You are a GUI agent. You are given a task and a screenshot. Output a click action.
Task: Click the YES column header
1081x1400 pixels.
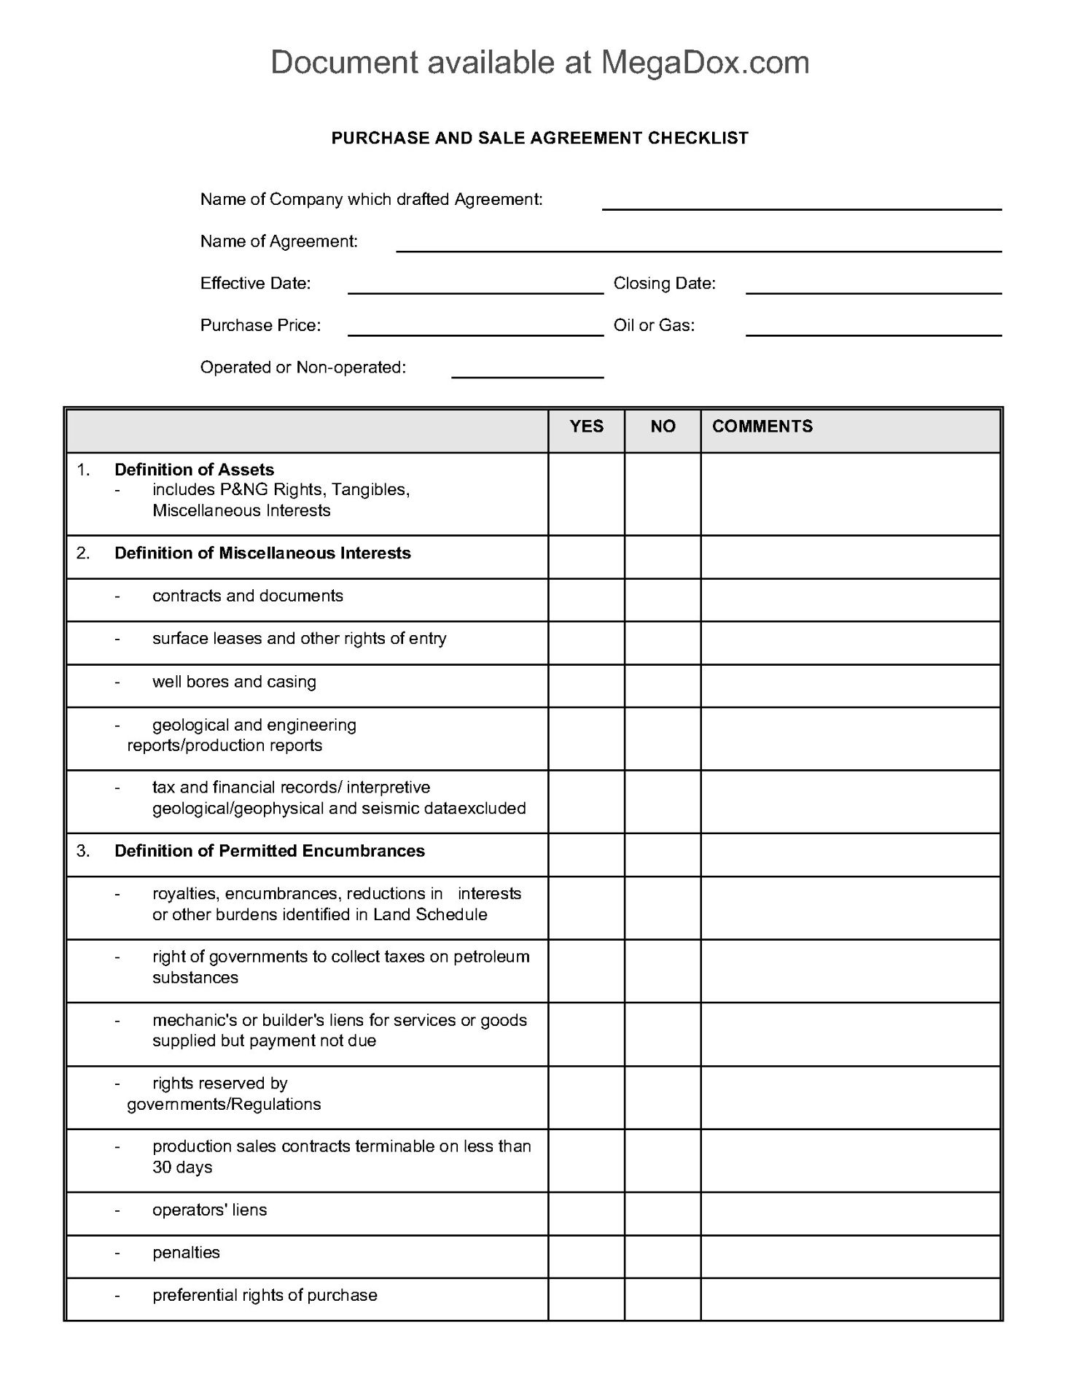pos(586,427)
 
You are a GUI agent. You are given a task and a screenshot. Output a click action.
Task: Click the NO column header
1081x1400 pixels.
pos(663,427)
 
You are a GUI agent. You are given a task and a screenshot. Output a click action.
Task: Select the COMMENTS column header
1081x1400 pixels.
pos(762,427)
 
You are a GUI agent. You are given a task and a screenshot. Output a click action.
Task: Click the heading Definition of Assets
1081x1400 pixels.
pos(194,470)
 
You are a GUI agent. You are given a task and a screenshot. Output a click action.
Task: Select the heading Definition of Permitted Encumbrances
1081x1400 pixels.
pos(269,851)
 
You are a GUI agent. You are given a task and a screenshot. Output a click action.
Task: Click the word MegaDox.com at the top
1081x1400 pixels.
pos(705,63)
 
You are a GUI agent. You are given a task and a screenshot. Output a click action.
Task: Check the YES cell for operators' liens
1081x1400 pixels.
pos(586,1213)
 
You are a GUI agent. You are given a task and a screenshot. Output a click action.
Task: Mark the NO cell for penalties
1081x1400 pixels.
pos(663,1256)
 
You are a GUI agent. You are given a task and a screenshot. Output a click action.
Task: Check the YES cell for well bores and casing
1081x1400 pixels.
pos(586,685)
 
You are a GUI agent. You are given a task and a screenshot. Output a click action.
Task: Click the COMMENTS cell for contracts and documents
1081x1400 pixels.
pos(850,600)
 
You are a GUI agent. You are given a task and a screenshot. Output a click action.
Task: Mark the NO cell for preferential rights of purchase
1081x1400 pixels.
pos(663,1299)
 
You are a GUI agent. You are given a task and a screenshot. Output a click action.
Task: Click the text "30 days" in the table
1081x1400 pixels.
pos(182,1167)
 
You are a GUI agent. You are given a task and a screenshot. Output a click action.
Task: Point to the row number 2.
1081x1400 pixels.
pos(83,553)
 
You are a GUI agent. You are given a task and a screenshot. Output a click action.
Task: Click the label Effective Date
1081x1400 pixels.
pos(255,284)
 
